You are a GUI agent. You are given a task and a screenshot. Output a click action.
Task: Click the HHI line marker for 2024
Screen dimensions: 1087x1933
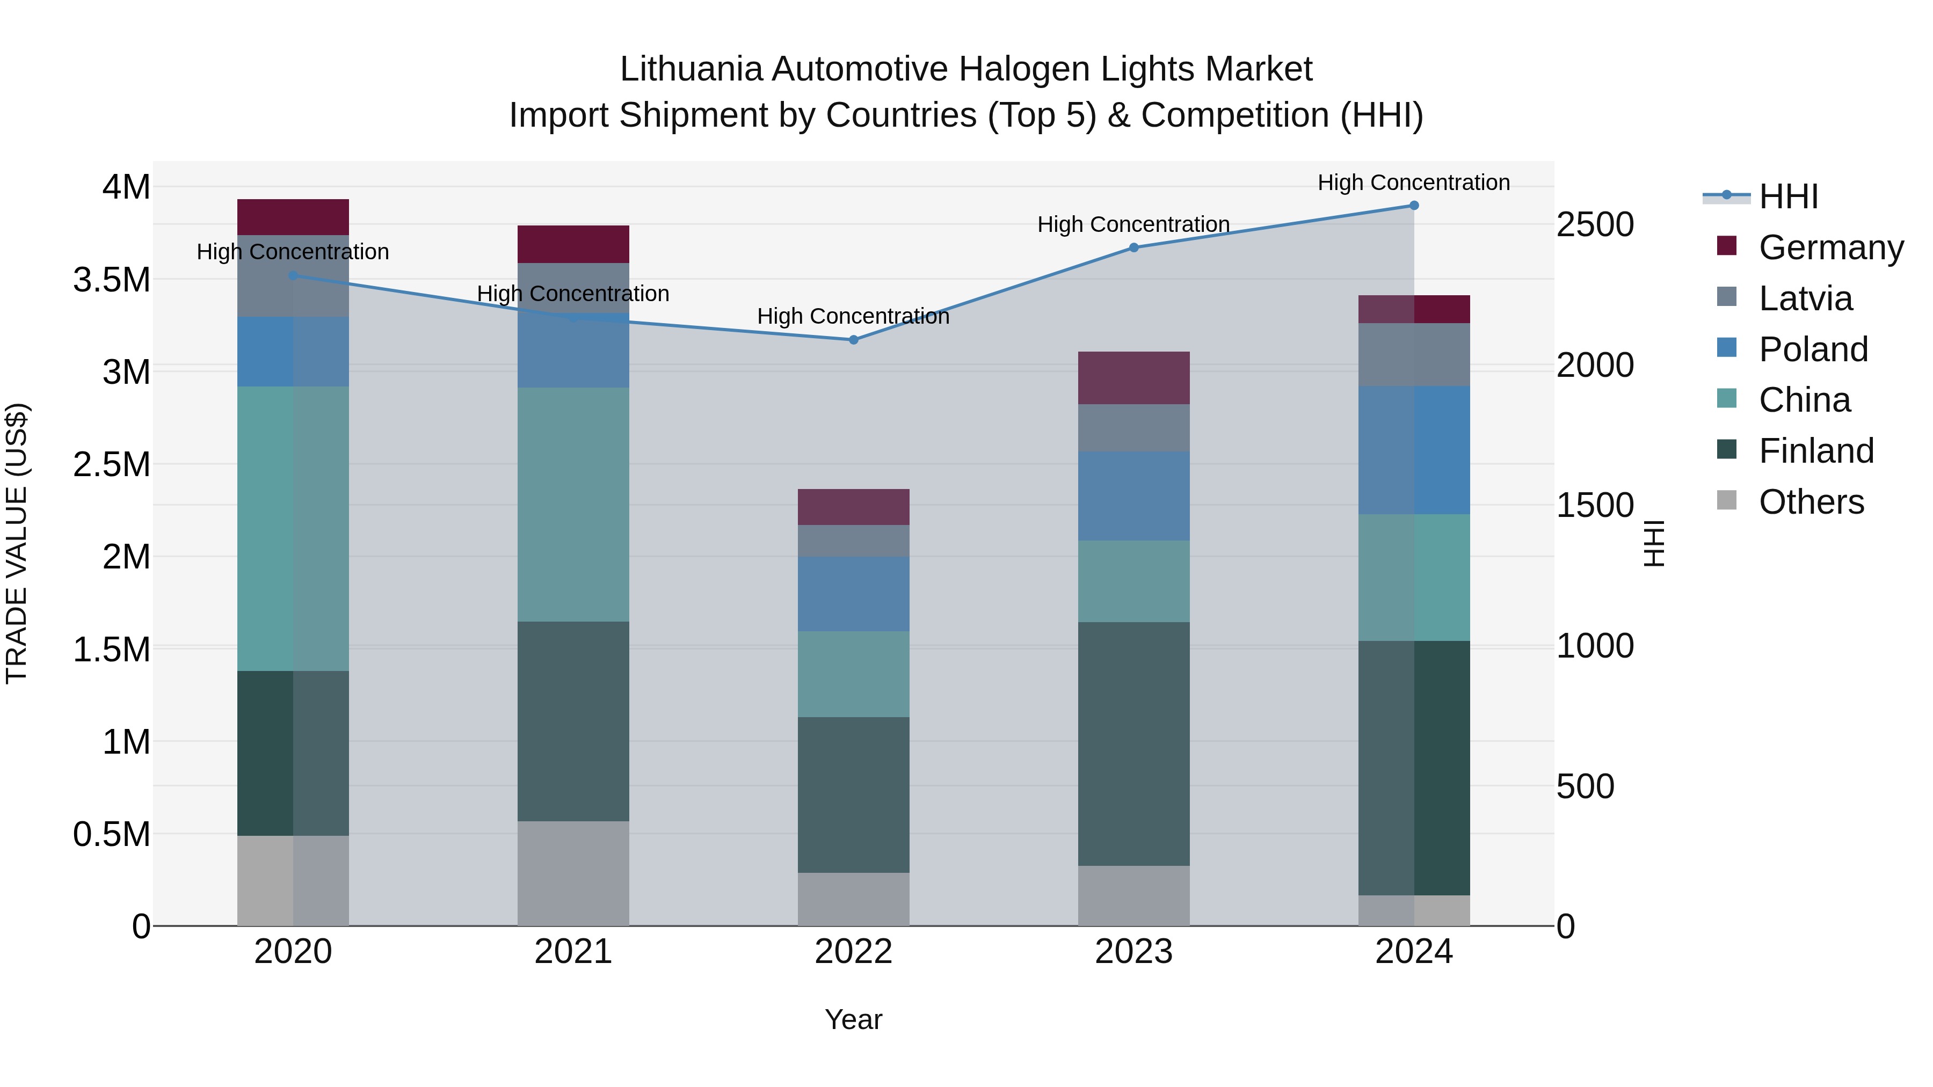1414,206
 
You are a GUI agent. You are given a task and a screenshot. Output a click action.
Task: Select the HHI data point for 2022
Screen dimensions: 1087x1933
853,340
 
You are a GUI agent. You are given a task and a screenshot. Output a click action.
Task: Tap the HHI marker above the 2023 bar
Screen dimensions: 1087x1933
1134,247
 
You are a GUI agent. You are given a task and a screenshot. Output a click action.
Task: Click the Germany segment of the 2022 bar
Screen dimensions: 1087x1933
853,507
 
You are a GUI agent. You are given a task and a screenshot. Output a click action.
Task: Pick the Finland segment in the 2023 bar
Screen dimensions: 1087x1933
1134,743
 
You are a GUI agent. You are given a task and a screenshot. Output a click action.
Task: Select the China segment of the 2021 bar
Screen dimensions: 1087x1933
573,504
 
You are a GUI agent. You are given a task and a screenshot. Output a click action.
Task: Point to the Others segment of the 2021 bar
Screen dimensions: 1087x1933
573,873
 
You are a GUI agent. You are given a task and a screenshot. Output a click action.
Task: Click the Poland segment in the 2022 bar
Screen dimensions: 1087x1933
853,593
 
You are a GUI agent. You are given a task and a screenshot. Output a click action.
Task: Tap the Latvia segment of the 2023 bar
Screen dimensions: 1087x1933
1134,428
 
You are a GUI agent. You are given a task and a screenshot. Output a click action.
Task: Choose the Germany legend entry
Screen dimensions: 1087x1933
1831,247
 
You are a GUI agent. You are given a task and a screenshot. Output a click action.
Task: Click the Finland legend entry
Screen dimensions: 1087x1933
1816,451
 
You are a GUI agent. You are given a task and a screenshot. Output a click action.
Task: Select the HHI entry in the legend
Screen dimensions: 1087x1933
1788,196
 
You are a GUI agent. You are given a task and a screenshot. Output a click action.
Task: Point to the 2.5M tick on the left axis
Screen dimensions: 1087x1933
112,464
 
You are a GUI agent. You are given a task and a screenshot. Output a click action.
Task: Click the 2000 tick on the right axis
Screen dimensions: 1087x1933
1595,366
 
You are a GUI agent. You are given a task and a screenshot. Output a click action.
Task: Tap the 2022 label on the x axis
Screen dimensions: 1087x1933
853,952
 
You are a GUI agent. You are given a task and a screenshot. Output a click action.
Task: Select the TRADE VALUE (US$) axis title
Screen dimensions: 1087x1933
17,543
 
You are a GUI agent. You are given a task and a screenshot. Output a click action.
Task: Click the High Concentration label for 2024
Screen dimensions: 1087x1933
1414,183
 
